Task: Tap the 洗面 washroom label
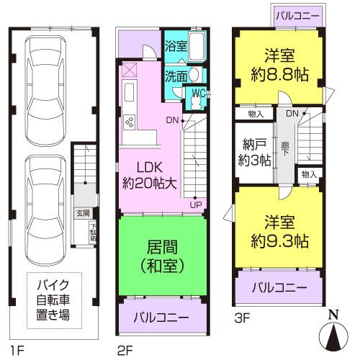point(175,75)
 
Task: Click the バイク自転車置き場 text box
point(54,301)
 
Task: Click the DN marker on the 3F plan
point(292,114)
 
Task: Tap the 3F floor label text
point(240,313)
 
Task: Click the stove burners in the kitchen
point(130,122)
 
